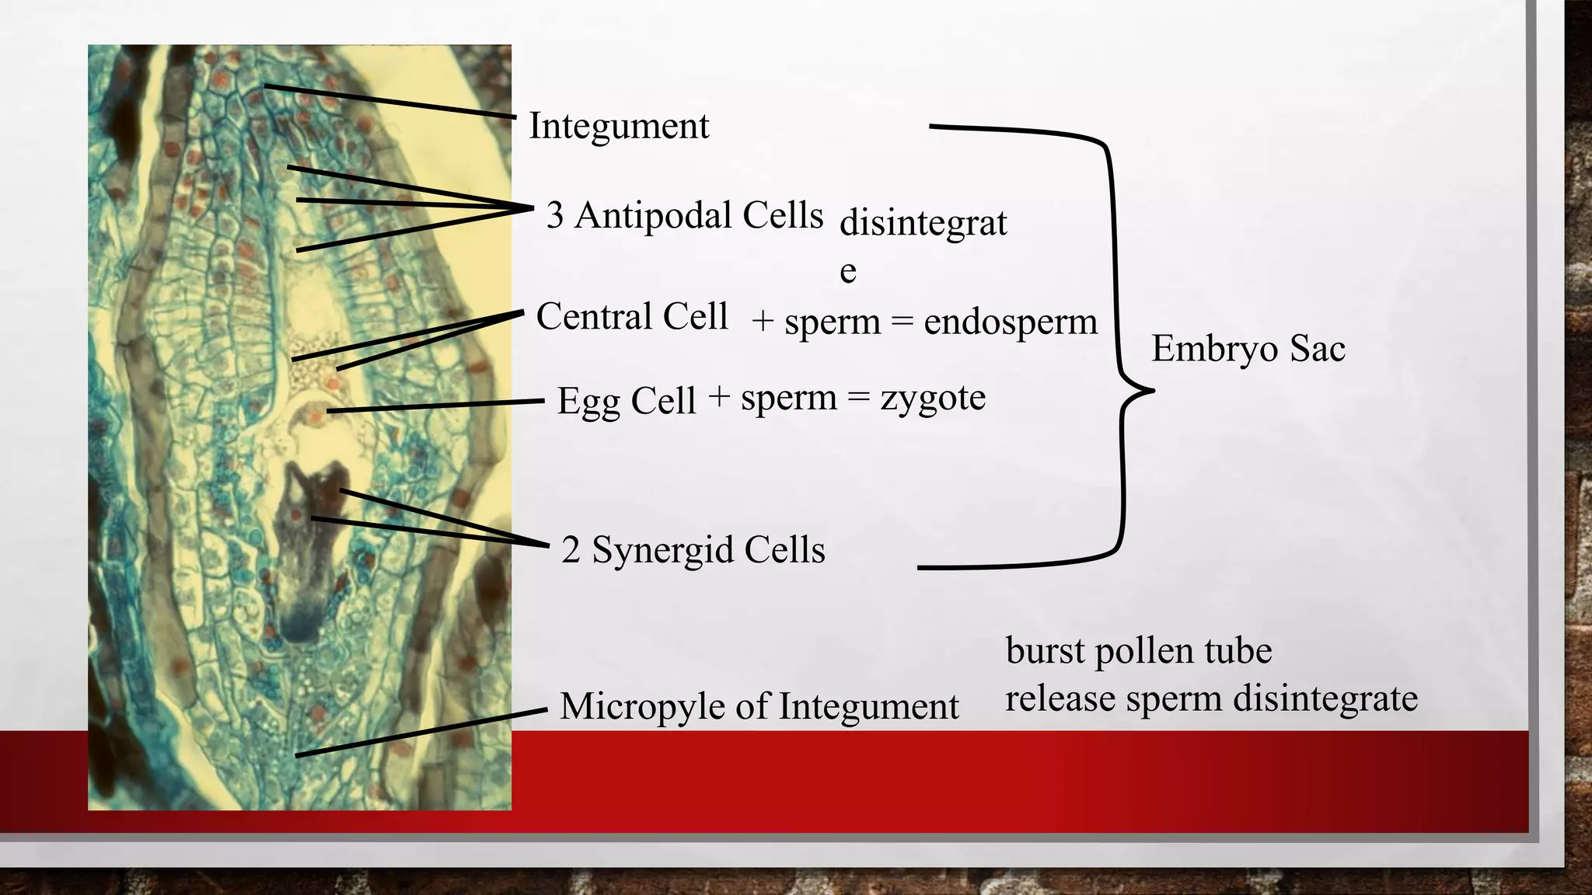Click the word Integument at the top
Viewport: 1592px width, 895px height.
(x=619, y=126)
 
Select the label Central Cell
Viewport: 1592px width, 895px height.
(x=631, y=317)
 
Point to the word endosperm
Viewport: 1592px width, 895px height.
(x=1011, y=322)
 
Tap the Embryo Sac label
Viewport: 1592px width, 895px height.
(x=1248, y=348)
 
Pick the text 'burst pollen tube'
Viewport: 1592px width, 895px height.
(x=1139, y=650)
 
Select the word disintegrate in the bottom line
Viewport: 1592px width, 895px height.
(x=1325, y=698)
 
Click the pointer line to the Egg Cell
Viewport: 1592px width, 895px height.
(x=435, y=406)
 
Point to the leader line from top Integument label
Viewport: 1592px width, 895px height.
(x=389, y=101)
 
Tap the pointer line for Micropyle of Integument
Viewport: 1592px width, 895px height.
(x=420, y=732)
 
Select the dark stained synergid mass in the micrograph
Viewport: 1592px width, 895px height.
(x=307, y=544)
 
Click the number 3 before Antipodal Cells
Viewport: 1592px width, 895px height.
(x=555, y=216)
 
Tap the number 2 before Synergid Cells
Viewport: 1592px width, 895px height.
(x=571, y=551)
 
